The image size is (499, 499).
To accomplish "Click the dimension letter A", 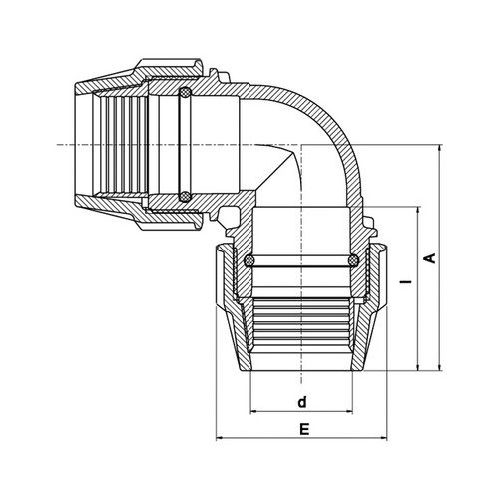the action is point(431,258).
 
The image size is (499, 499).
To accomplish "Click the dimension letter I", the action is point(406,282).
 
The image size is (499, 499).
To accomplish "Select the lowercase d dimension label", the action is point(302,402).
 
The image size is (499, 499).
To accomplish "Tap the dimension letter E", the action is point(304,429).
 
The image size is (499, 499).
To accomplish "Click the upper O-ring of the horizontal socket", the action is point(185,93).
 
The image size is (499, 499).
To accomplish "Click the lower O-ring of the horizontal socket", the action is point(185,196).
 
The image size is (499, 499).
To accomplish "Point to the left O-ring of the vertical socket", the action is point(249,260).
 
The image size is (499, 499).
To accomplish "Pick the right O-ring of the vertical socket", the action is point(353,260).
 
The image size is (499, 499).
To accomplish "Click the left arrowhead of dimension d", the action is point(253,412).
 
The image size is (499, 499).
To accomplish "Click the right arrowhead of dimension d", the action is point(349,412).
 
